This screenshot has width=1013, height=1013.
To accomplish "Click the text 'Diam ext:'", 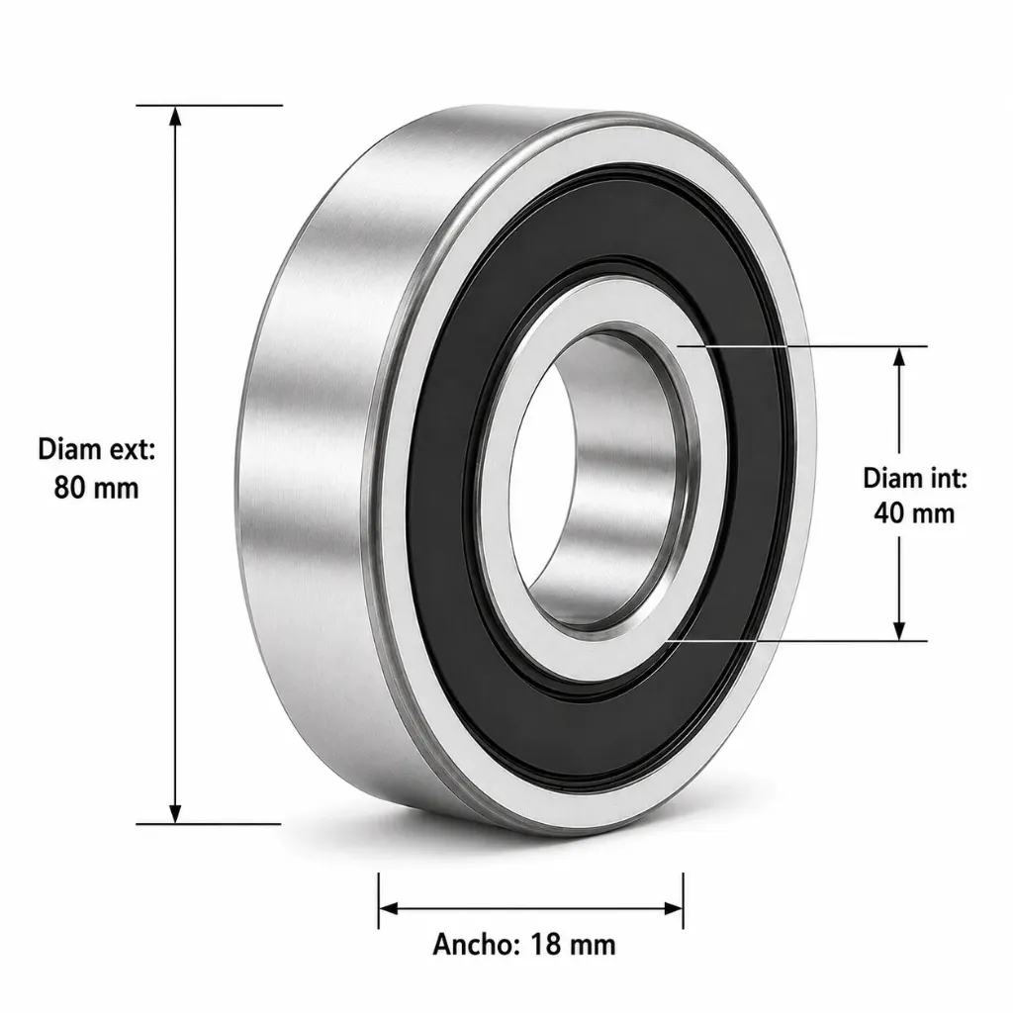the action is tap(97, 449).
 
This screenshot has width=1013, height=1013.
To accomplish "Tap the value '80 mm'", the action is tap(96, 487).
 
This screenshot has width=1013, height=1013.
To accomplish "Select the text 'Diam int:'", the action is tap(915, 479).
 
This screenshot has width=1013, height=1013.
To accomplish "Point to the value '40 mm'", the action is tap(914, 513).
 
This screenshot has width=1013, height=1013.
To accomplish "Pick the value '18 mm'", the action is tap(573, 945).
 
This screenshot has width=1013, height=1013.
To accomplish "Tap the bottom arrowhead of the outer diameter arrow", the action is tap(174, 813).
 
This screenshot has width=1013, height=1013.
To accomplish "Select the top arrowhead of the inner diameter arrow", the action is tap(898, 356).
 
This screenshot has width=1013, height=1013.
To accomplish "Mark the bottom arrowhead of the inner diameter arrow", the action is tap(898, 631).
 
